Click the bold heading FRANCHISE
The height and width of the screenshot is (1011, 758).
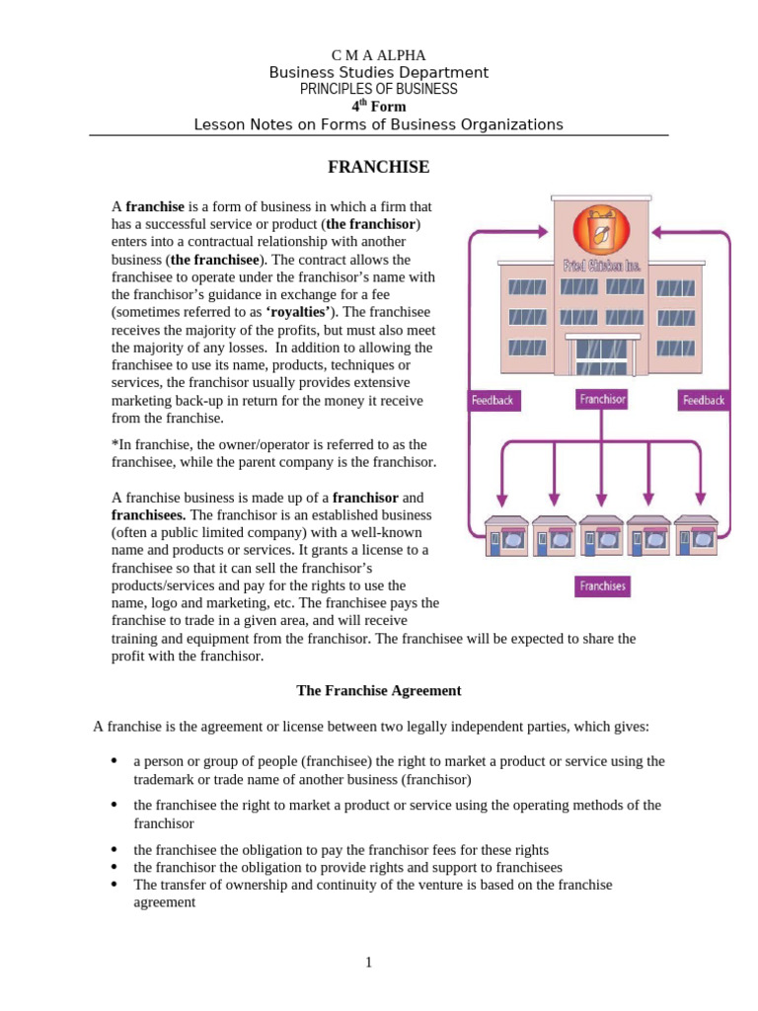click(x=378, y=168)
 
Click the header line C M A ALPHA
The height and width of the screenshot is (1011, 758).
click(x=378, y=55)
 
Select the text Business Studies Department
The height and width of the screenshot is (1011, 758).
click(x=378, y=73)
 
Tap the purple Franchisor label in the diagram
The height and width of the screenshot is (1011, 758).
click(x=602, y=400)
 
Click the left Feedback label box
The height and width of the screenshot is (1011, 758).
click(x=493, y=401)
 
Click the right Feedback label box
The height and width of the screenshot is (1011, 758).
click(x=704, y=401)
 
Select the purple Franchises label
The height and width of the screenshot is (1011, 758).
click(x=602, y=586)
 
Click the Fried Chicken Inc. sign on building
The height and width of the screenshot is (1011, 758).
click(x=601, y=265)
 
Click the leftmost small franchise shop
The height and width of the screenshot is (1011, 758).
click(x=505, y=537)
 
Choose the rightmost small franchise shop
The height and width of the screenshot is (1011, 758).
click(x=699, y=537)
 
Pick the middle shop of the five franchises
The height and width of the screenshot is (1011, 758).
click(x=602, y=537)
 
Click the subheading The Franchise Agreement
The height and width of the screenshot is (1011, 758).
click(x=378, y=691)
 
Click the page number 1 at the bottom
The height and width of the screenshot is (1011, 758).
click(x=368, y=963)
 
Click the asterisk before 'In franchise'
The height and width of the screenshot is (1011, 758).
click(x=114, y=444)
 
